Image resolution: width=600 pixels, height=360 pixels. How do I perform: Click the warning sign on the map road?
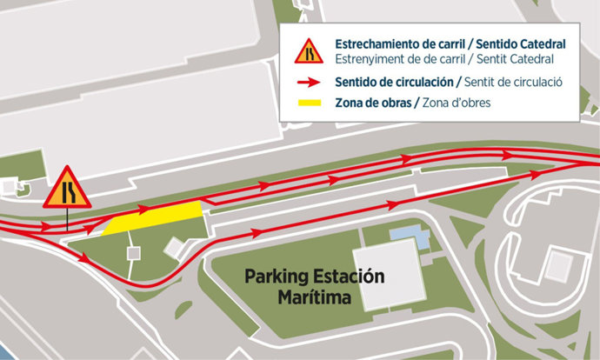coord(67,190)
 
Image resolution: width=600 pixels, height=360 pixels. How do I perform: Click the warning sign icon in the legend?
coord(308,52)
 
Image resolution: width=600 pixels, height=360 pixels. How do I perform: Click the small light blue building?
coord(410,234)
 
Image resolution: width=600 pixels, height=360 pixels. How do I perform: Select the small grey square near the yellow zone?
coord(133,253)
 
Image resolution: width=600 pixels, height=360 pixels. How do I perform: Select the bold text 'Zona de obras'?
coord(372,103)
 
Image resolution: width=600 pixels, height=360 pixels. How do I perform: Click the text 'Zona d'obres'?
coord(453,103)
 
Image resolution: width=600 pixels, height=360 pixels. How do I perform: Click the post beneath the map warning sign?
coord(67,219)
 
